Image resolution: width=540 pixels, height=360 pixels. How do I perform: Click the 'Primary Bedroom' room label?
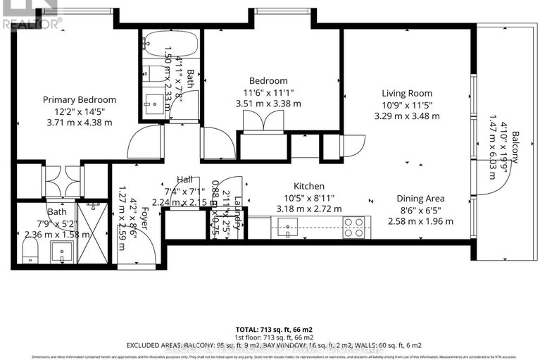80,100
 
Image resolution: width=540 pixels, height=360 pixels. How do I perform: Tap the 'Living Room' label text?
407,93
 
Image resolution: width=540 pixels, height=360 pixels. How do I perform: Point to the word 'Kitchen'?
310,187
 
